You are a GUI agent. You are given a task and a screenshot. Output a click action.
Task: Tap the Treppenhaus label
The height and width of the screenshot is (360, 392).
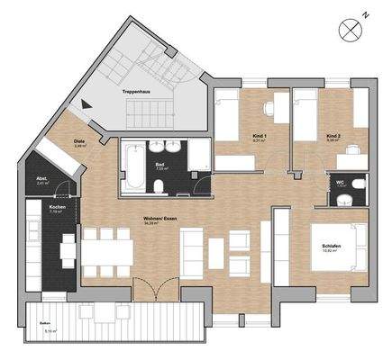click(138, 92)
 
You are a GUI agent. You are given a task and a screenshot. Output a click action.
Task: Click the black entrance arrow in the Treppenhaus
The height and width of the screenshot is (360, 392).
click(87, 104)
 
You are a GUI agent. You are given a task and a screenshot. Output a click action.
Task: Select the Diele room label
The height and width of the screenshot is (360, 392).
click(78, 142)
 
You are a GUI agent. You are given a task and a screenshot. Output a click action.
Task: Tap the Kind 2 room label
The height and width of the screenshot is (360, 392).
click(333, 137)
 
